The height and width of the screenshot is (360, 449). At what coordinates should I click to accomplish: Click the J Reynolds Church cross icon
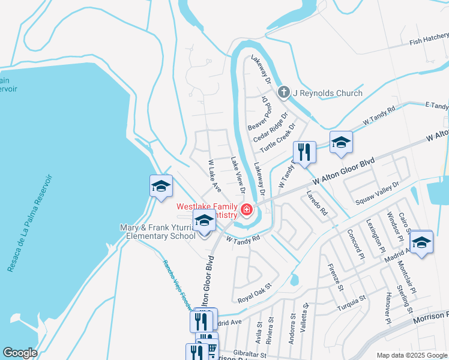pos(284,93)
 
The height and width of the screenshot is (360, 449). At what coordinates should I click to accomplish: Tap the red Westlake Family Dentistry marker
pos(246,209)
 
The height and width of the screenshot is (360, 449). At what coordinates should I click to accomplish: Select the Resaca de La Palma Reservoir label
pos(30,223)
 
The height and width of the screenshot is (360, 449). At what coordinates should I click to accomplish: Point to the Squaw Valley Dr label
pos(377,193)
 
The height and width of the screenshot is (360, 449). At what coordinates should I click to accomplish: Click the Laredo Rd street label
pos(316,203)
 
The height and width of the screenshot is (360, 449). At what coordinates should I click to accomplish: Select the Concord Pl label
pos(356,242)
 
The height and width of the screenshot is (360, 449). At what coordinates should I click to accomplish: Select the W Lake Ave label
pos(214,175)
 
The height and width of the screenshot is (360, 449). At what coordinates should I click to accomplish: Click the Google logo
pos(20,353)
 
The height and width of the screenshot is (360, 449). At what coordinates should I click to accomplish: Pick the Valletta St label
pos(306,314)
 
